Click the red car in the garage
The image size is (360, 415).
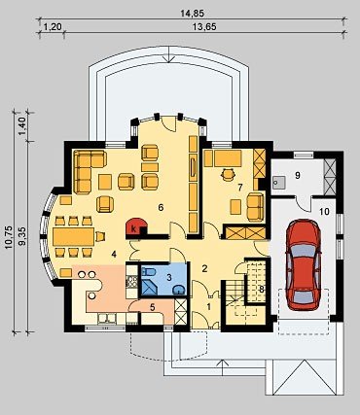304,264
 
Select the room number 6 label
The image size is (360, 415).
161,208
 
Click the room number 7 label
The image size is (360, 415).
240,187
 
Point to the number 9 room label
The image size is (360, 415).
298,175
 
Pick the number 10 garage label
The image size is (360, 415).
324,212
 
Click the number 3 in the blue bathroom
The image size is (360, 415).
168,277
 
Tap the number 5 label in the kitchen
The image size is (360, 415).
153,307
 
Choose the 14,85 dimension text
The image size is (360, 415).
193,14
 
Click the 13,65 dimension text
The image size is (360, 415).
204,27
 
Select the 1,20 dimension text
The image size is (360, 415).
53,27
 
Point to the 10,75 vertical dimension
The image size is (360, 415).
9,237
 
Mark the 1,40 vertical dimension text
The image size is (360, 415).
21,126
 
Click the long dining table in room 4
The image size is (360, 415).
74,236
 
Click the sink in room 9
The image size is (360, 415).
278,182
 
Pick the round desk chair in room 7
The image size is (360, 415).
228,175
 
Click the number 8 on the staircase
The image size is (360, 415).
262,290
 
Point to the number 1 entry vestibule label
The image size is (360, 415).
209,306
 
